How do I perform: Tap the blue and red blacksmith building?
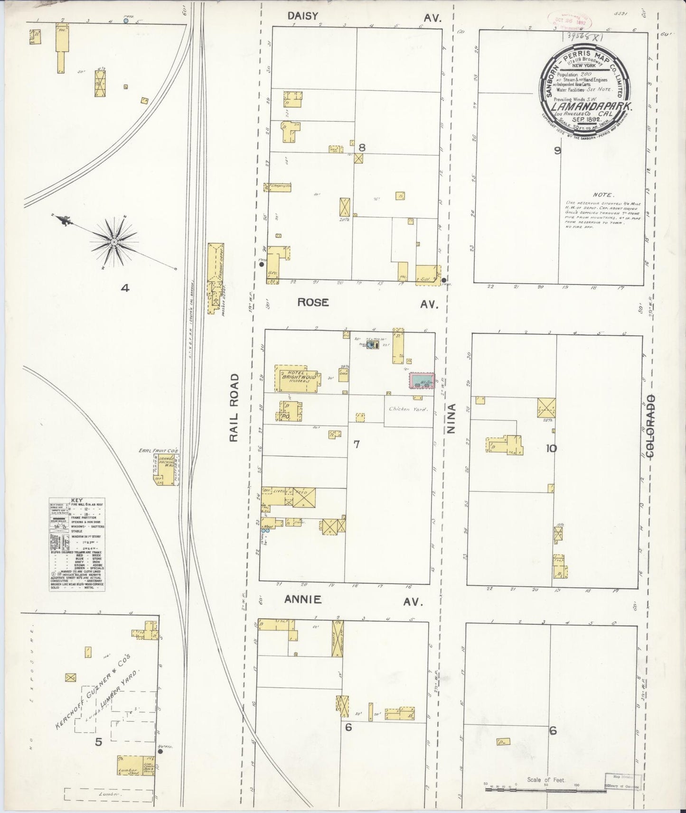[x=422, y=380]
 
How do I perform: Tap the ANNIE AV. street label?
[x=353, y=601]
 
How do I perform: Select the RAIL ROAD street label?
[x=234, y=407]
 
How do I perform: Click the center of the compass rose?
[x=114, y=242]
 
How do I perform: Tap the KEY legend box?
[x=77, y=545]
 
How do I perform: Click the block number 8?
[x=362, y=148]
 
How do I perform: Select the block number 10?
[x=551, y=448]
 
